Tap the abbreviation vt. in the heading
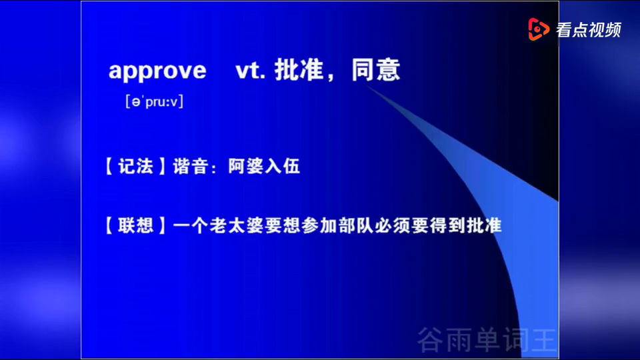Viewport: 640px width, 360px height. [x=250, y=70]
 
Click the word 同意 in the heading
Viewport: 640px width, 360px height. [x=376, y=69]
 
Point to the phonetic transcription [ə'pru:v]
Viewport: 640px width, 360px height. [x=154, y=101]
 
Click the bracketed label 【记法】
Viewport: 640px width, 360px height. [x=135, y=167]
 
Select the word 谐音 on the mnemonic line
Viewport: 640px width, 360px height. [x=191, y=167]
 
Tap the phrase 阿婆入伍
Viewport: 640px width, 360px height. [x=264, y=167]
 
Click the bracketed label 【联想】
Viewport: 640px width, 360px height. [x=135, y=226]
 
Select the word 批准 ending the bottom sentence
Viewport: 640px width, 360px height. [x=484, y=226]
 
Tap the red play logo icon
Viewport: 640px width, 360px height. [x=539, y=29]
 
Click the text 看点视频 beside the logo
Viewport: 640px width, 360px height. [x=589, y=30]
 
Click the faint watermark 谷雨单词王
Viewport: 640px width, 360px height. [x=487, y=339]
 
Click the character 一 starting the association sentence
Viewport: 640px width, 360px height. [x=182, y=226]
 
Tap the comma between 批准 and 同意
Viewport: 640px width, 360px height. [x=330, y=77]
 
